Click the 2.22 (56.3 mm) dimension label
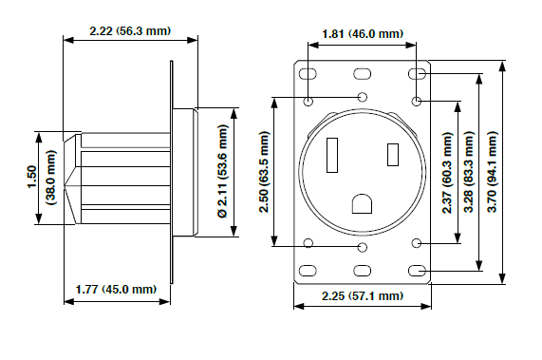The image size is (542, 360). click(x=130, y=30)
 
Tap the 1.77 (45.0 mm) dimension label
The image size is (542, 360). click(x=115, y=290)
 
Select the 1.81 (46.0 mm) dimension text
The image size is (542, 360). click(x=364, y=34)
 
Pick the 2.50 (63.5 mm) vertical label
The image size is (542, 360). click(x=264, y=172)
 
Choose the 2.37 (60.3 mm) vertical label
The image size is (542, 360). click(x=449, y=172)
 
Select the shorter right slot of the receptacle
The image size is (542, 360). click(x=392, y=154)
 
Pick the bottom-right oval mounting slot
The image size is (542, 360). click(x=417, y=272)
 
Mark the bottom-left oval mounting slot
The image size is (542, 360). click(x=309, y=272)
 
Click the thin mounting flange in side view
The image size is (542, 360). click(x=172, y=171)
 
